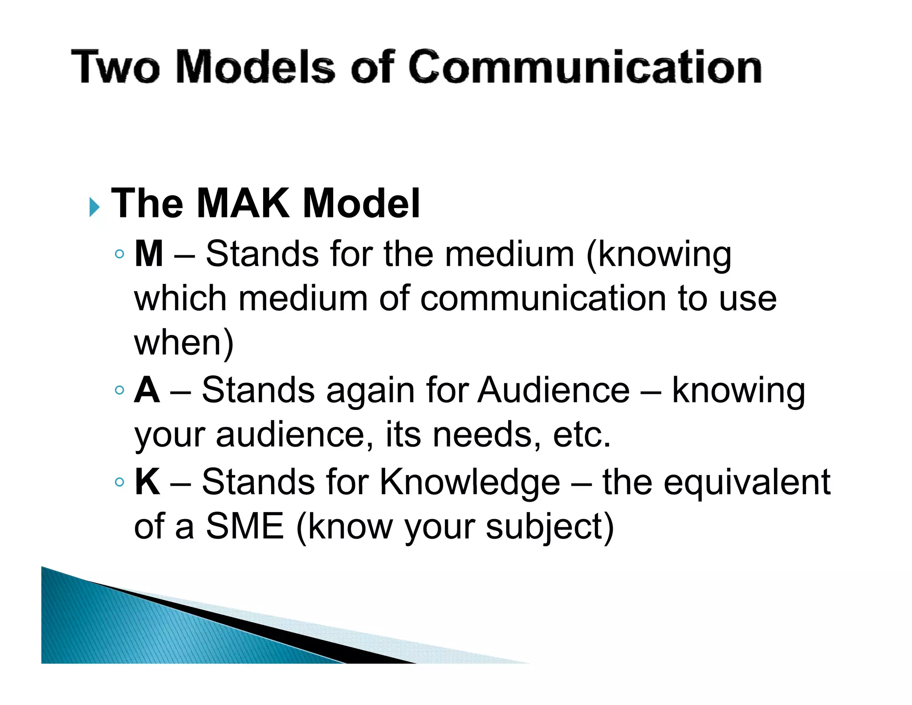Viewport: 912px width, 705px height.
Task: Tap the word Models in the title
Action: pyautogui.click(x=255, y=67)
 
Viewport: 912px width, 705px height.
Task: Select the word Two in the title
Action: pyautogui.click(x=115, y=67)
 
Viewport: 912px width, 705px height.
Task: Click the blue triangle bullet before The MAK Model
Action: pyautogui.click(x=94, y=207)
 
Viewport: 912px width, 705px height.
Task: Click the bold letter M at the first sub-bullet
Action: pyautogui.click(x=149, y=254)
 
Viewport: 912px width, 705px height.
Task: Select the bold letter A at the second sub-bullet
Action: pyautogui.click(x=147, y=390)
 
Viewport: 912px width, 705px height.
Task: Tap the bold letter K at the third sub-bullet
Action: pyautogui.click(x=147, y=482)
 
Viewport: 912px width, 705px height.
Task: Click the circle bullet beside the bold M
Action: pyautogui.click(x=119, y=254)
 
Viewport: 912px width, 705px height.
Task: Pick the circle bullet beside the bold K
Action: pyautogui.click(x=119, y=482)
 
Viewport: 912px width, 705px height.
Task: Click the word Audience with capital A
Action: pyautogui.click(x=554, y=390)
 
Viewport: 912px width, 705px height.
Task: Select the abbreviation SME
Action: pyautogui.click(x=244, y=526)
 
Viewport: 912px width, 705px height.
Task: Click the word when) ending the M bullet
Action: pyautogui.click(x=183, y=343)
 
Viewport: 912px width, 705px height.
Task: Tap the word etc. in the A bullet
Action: pyautogui.click(x=582, y=435)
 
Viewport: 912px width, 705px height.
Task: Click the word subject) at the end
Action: pyautogui.click(x=550, y=527)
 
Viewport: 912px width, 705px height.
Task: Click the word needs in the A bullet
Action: pyautogui.click(x=482, y=435)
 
